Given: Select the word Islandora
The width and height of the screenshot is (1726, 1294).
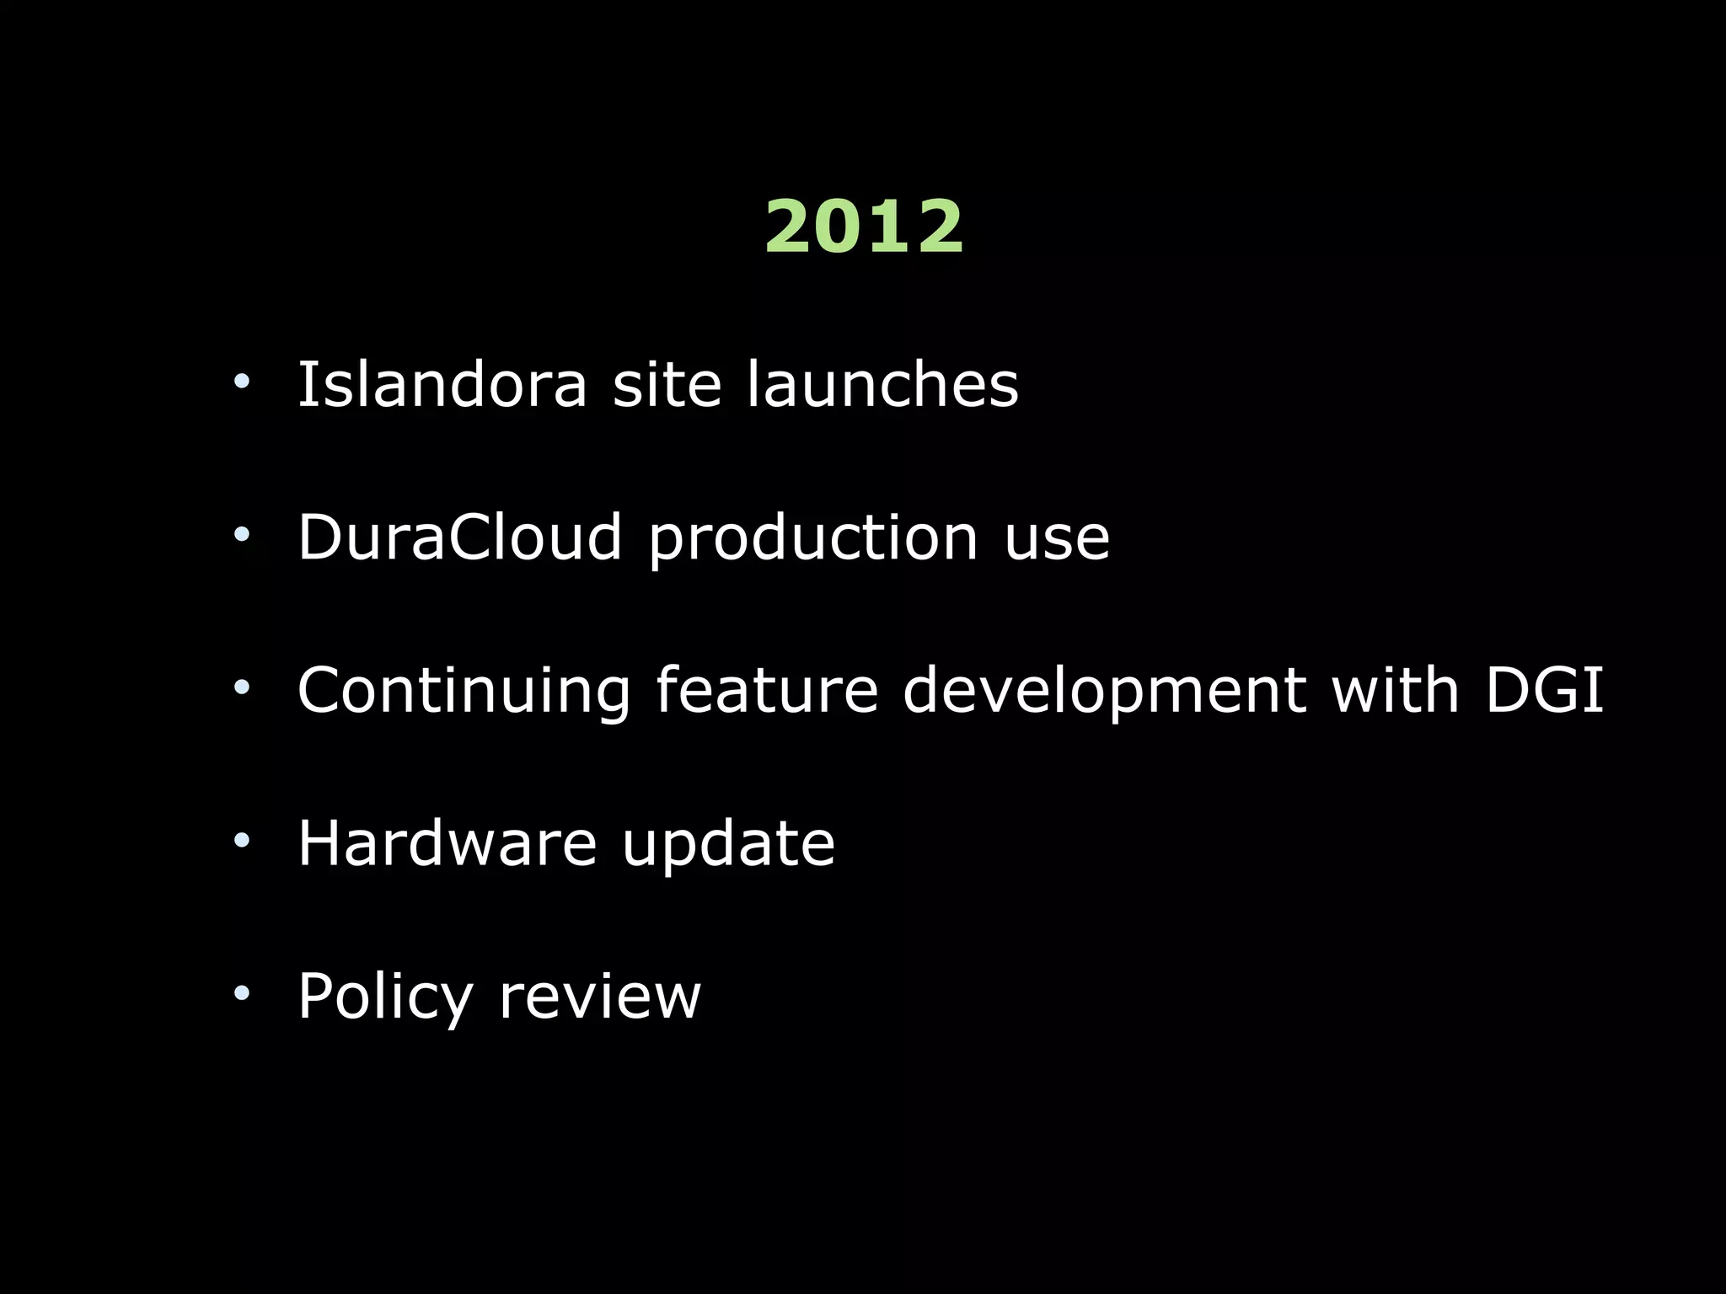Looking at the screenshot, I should [x=442, y=384].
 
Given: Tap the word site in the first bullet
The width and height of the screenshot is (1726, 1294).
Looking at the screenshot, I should [x=667, y=384].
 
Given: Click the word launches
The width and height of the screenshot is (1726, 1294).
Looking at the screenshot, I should [x=882, y=384].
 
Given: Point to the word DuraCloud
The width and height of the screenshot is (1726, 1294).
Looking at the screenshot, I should [x=460, y=537].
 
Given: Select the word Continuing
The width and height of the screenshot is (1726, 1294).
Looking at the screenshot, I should [x=464, y=692].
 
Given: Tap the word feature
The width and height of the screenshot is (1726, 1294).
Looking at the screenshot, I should [x=767, y=690].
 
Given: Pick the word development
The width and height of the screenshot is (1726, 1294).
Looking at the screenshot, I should [x=1105, y=692].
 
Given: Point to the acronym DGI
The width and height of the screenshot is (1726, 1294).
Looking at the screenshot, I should [x=1544, y=690].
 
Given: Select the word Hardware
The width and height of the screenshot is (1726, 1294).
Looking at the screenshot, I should [x=448, y=842].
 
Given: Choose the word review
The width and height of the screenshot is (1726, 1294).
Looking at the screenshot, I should [x=599, y=997].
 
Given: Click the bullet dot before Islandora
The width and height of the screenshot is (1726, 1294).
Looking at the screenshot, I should [x=243, y=382].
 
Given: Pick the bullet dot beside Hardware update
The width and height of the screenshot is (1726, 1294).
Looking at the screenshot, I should [x=243, y=840].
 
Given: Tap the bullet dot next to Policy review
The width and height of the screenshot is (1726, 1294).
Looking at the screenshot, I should [x=243, y=993].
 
